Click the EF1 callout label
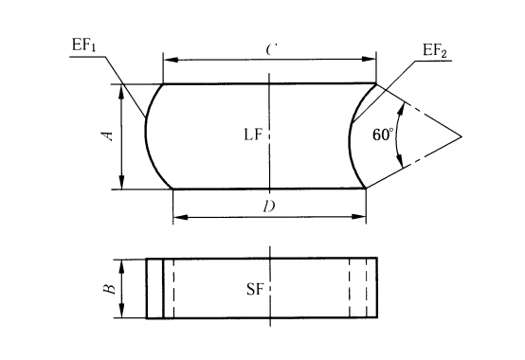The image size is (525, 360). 83,45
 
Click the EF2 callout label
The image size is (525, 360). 435,51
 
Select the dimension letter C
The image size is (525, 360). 271,50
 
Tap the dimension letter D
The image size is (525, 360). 269,207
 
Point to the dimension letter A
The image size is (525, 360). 108,135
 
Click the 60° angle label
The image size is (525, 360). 383,135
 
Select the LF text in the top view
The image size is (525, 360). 253,135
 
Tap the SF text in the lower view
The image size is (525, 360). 255,289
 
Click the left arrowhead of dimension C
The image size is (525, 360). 171,60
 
